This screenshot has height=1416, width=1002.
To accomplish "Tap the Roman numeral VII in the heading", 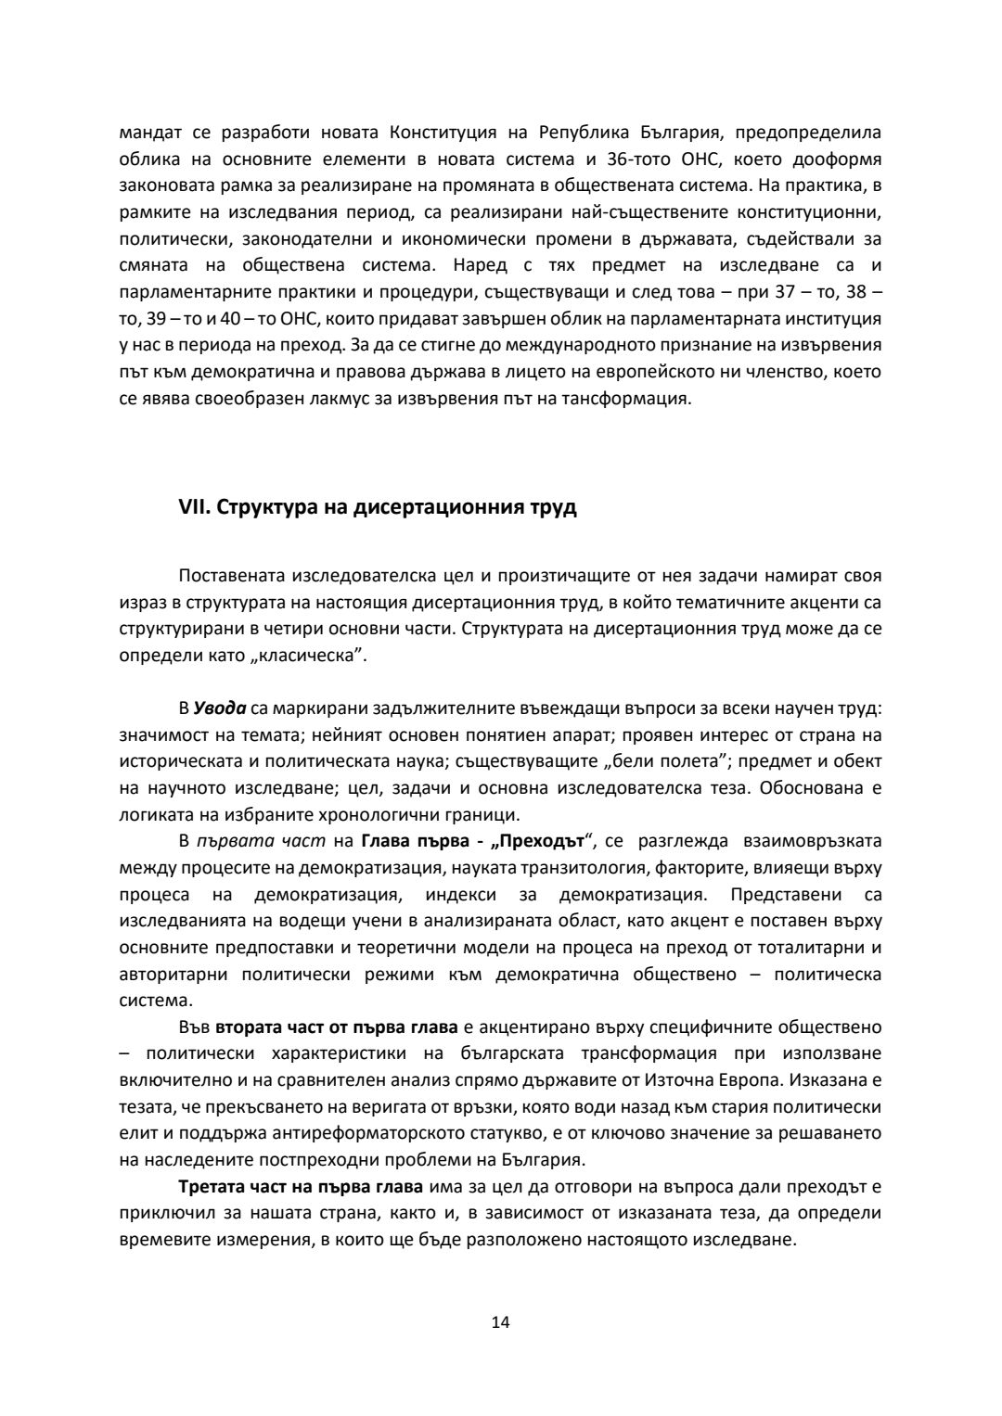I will (192, 508).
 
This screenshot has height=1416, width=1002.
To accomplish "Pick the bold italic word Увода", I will (220, 708).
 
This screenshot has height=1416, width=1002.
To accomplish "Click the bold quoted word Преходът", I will (543, 841).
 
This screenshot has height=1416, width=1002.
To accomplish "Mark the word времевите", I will (160, 1241).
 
